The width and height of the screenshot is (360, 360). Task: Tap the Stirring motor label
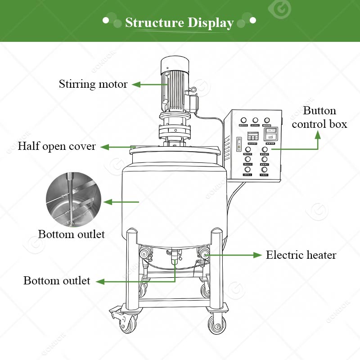tap(93, 84)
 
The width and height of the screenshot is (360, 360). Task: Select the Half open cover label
tap(57, 146)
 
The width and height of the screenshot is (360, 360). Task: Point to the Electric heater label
tap(301, 255)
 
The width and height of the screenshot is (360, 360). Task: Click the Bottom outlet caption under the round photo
tap(71, 234)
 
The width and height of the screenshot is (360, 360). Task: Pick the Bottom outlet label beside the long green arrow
tap(57, 281)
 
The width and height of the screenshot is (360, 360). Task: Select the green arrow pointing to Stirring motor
tap(143, 84)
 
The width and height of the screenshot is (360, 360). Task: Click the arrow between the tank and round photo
tap(119, 202)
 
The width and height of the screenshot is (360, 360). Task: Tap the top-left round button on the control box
tap(243, 121)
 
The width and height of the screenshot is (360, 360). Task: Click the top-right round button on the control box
tap(267, 121)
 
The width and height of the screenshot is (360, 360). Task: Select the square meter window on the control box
tap(270, 134)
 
